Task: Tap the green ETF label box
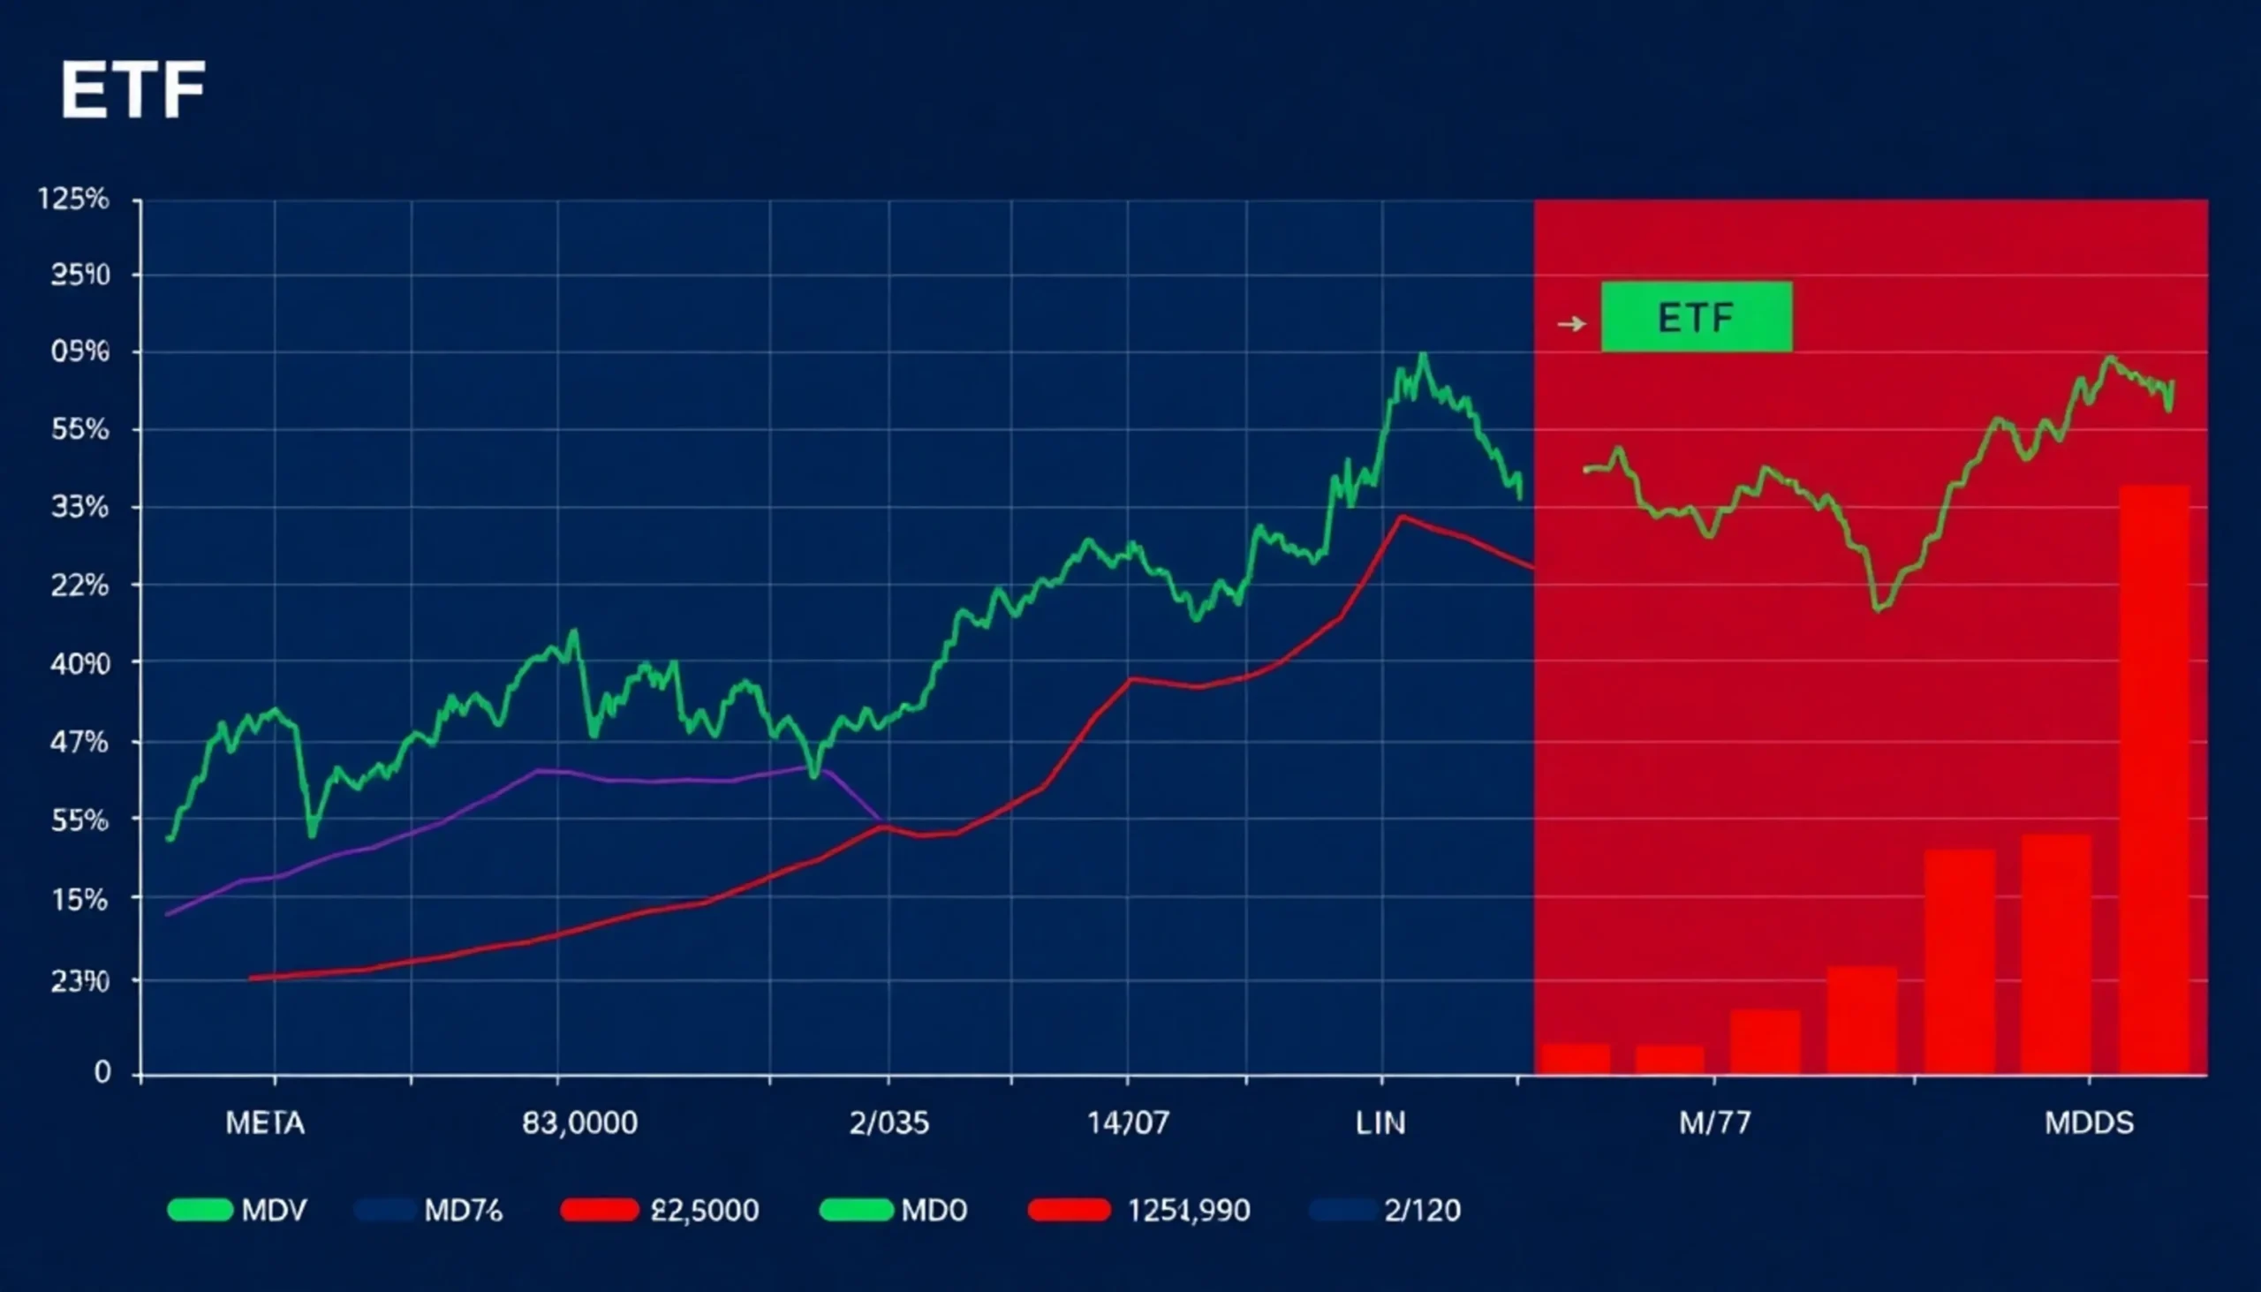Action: pos(1696,317)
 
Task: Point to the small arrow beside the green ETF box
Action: pos(1571,324)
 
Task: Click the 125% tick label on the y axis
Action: pos(73,199)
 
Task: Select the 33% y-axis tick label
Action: pos(79,508)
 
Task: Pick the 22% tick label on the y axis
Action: pos(79,586)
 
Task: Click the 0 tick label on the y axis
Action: pos(103,1073)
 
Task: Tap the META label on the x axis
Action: pos(264,1123)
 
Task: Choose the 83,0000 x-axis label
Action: pos(579,1123)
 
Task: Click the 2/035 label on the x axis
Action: pos(889,1123)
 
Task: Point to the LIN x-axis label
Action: pos(1380,1123)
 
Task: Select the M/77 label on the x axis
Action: pos(1714,1123)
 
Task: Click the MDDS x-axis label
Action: pos(2089,1123)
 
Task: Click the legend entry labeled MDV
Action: pos(238,1211)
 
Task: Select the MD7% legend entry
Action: pos(429,1211)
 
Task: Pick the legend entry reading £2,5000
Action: pos(661,1211)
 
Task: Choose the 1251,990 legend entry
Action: pos(1139,1211)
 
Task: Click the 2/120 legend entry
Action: pos(1385,1211)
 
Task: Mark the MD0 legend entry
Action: pos(894,1211)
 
